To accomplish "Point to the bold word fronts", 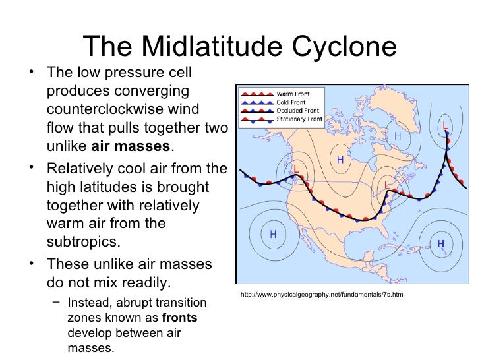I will (179, 317).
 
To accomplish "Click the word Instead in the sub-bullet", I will (90, 303).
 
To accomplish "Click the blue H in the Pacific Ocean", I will (272, 235).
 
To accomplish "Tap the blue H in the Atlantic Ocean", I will (440, 244).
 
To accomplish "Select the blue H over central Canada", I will (340, 160).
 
